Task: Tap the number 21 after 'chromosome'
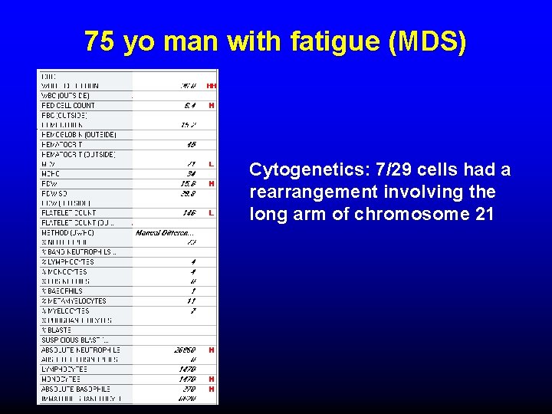coord(485,214)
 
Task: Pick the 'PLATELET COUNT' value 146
coord(189,212)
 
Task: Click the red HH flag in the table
coord(211,85)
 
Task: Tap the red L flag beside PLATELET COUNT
coord(211,212)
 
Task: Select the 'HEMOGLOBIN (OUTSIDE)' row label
coord(78,134)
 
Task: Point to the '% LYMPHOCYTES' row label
coord(64,261)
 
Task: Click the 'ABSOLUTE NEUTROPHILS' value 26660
coord(185,350)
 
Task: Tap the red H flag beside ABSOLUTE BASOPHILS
coord(211,389)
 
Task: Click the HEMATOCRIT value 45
coord(191,144)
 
